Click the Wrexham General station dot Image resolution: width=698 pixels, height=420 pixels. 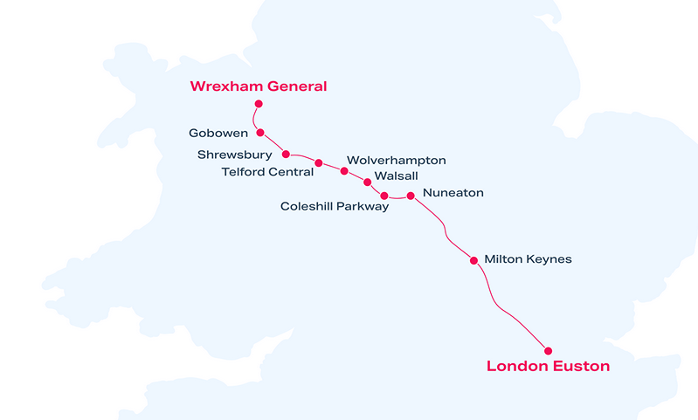(x=259, y=104)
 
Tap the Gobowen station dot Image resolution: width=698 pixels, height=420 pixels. (x=260, y=133)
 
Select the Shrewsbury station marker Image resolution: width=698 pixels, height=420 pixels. (x=287, y=155)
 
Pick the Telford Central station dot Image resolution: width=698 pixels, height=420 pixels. (x=319, y=163)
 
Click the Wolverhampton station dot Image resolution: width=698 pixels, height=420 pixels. (x=344, y=171)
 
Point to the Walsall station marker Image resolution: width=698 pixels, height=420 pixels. (x=367, y=182)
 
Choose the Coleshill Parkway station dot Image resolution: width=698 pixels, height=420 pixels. (x=384, y=196)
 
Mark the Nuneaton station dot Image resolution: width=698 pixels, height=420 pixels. (x=411, y=196)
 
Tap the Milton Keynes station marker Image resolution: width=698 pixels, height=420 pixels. (x=474, y=260)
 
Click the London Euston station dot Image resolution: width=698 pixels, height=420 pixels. (x=548, y=351)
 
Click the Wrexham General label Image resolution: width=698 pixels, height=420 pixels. (x=259, y=86)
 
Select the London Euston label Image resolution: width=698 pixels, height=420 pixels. (x=548, y=367)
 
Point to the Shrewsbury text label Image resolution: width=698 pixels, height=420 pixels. (x=234, y=155)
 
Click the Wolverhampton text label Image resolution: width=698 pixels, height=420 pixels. (x=397, y=161)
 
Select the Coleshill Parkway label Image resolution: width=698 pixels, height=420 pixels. (x=335, y=207)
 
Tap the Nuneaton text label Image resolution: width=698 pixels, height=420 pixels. (x=453, y=193)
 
